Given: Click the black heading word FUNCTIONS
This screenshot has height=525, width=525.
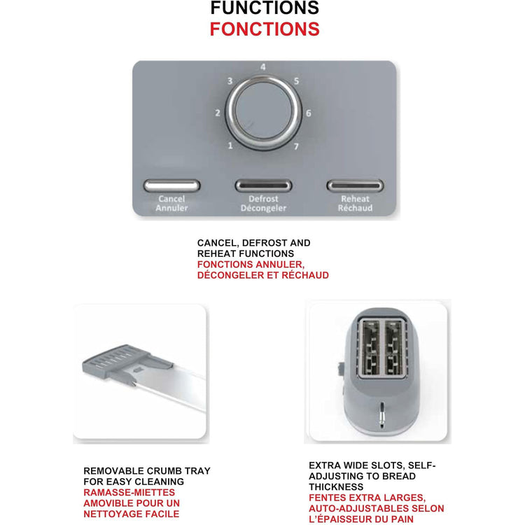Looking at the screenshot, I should (265, 8).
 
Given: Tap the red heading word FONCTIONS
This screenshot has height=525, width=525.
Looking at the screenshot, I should (265, 29).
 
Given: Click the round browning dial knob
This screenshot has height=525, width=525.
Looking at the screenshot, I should (262, 112).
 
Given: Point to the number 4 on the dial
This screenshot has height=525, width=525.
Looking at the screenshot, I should (262, 67).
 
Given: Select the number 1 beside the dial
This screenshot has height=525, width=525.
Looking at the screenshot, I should (230, 146).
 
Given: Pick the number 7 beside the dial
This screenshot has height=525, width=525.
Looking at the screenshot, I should (296, 146).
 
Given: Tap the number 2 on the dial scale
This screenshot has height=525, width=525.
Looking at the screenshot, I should (218, 113).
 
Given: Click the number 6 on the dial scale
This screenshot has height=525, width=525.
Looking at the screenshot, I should (308, 113).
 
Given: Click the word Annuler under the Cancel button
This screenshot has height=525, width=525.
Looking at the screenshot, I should (171, 208).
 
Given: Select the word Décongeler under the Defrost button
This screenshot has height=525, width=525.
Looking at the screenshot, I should (263, 208).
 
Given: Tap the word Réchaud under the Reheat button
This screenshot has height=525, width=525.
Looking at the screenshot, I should (355, 208).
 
